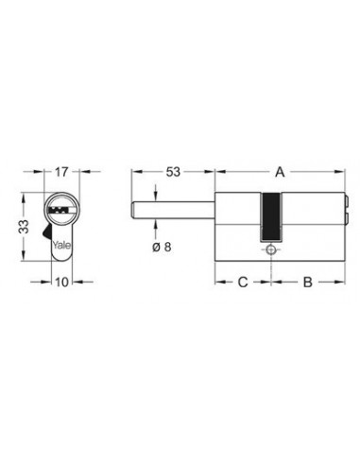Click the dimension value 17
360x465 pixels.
61,172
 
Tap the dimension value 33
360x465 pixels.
24,227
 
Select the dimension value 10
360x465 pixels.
61,282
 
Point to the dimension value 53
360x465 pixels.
173,172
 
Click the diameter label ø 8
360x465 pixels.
162,247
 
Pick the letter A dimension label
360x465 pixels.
280,172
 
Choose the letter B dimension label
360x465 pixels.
307,282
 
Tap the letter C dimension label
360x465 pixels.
243,282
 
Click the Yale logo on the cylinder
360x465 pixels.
61,245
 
